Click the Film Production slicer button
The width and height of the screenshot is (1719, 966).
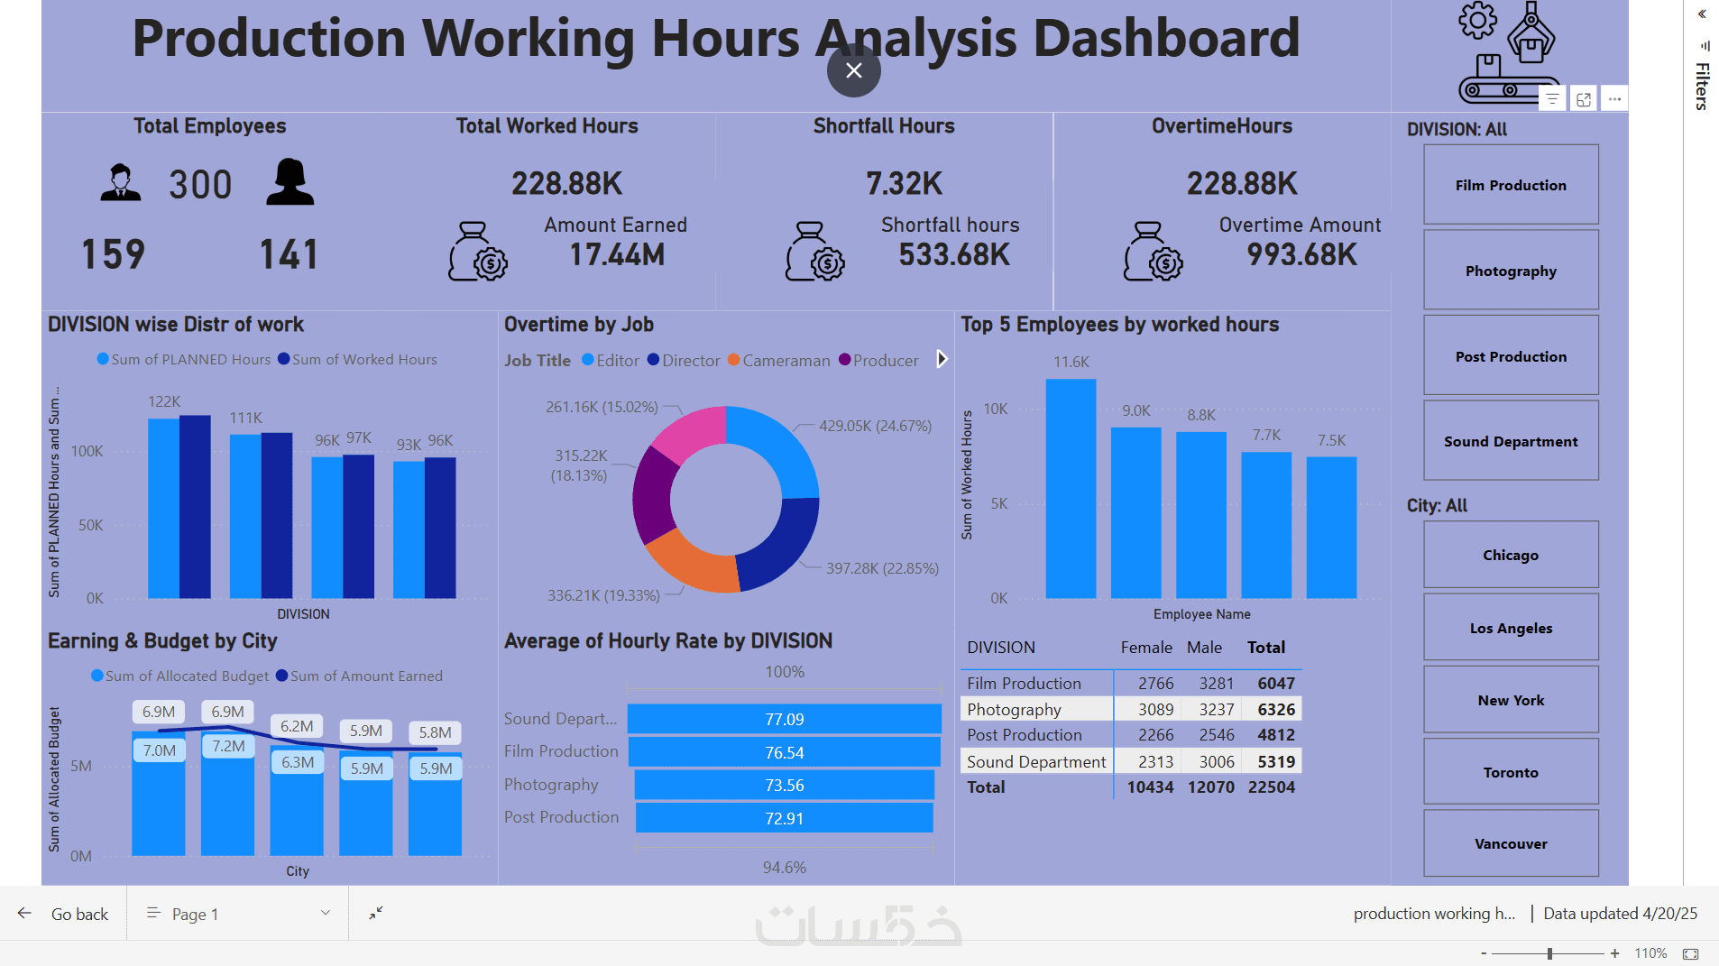pyautogui.click(x=1511, y=185)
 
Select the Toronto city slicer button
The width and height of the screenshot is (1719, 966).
pyautogui.click(x=1511, y=772)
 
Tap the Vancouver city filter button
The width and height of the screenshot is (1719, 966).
pyautogui.click(x=1511, y=843)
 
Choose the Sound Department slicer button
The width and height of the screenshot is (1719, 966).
pyautogui.click(x=1511, y=441)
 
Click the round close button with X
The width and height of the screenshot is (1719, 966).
pyautogui.click(x=853, y=70)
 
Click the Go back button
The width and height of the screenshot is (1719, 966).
pyautogui.click(x=64, y=914)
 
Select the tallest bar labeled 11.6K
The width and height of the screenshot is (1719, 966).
pyautogui.click(x=1071, y=488)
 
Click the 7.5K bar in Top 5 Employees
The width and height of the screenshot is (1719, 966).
pyautogui.click(x=1331, y=527)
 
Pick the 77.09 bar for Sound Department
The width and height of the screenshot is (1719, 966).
pyautogui.click(x=784, y=719)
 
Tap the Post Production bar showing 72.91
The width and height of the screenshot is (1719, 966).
pyautogui.click(x=784, y=818)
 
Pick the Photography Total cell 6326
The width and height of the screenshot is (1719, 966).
pyautogui.click(x=1275, y=710)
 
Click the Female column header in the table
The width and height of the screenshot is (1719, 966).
pyautogui.click(x=1146, y=648)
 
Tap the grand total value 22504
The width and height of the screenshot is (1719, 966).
pyautogui.click(x=1271, y=787)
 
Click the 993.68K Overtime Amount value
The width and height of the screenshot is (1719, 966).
pyautogui.click(x=1301, y=255)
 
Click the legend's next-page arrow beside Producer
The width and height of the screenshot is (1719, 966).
pyautogui.click(x=942, y=359)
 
